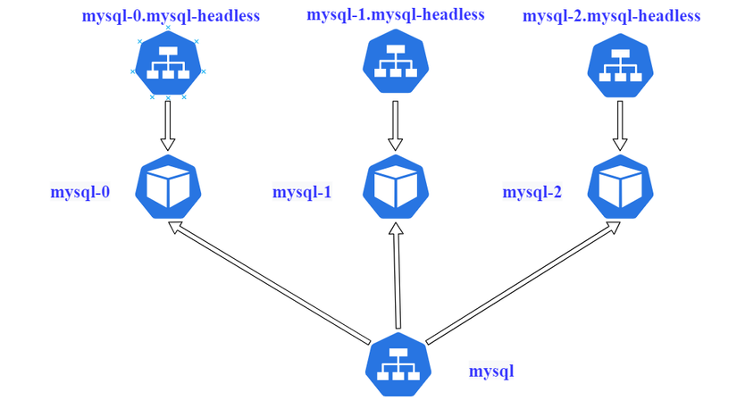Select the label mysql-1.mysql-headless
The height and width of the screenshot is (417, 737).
(x=395, y=14)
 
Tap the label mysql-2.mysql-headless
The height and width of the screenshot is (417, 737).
(x=611, y=16)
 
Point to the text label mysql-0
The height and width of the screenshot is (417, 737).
(x=80, y=191)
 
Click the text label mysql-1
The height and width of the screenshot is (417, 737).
(x=302, y=191)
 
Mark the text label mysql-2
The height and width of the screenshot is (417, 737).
(x=532, y=191)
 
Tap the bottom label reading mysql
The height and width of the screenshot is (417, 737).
(x=491, y=370)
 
